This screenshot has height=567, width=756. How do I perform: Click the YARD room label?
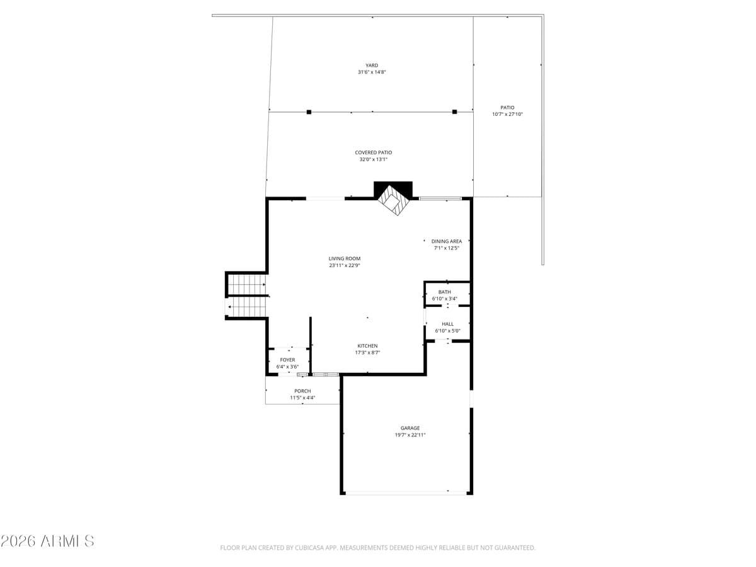tap(372, 65)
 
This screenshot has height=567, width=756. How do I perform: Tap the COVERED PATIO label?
tap(374, 152)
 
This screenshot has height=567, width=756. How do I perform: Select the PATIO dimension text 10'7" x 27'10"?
tap(507, 115)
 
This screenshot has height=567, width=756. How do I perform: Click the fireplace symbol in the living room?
tap(393, 200)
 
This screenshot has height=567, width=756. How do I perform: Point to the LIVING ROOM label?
tap(345, 258)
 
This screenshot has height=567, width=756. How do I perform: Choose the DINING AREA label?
tap(446, 241)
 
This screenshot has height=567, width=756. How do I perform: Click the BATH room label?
tap(444, 292)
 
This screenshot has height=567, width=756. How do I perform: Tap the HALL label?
tap(447, 324)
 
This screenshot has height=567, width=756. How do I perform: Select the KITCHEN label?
tap(367, 346)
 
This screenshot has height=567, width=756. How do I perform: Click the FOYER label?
tap(287, 360)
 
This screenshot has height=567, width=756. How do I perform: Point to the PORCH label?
tap(302, 391)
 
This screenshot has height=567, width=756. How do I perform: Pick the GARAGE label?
tap(410, 428)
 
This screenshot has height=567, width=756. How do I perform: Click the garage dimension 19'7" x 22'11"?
tap(410, 435)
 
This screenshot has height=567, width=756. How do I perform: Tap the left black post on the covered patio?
tap(309, 112)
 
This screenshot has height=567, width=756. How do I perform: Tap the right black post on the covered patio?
tap(454, 112)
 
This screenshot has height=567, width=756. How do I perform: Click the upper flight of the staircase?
tap(247, 285)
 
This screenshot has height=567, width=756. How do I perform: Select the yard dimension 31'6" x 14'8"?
tap(372, 72)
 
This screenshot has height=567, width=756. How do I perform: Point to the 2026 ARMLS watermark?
tap(47, 541)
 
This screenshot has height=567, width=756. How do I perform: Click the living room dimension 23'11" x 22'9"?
tap(345, 266)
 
